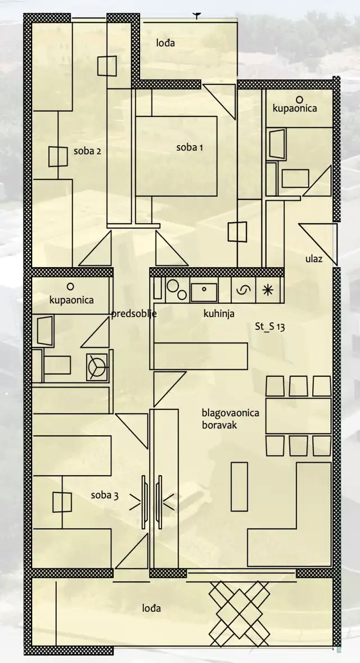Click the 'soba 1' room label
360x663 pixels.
[x=190, y=147]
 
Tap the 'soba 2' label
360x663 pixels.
[x=87, y=151]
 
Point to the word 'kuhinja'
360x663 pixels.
[x=219, y=314]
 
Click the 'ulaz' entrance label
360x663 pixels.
[x=313, y=259]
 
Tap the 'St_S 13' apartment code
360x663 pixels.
[x=269, y=326]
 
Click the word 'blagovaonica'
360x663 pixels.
[x=230, y=413]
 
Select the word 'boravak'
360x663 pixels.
[x=219, y=425]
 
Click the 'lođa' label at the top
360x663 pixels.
[x=165, y=43]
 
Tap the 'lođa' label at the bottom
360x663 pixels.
[x=151, y=608]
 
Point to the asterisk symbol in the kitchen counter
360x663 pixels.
[x=267, y=290]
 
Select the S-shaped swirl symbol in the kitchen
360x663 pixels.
[x=243, y=290]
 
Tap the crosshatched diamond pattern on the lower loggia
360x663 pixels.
[x=240, y=613]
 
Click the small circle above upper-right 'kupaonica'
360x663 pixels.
[x=299, y=100]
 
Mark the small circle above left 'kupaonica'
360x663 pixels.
[x=71, y=287]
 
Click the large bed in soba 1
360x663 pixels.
[x=176, y=156]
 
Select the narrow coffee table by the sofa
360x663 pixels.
[x=239, y=486]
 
